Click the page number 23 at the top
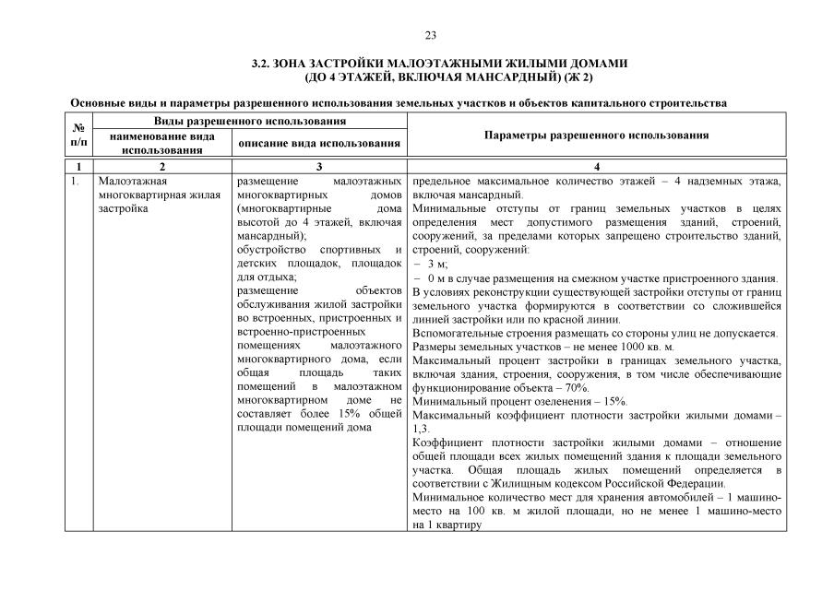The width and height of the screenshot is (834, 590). click(430, 36)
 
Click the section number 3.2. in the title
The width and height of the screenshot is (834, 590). click(262, 64)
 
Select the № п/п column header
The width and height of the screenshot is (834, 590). click(78, 136)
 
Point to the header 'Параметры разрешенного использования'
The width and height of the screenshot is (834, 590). click(596, 136)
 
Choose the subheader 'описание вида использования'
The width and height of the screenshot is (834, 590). click(319, 143)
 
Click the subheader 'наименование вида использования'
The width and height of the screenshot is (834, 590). click(162, 143)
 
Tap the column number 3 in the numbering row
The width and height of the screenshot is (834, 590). click(319, 166)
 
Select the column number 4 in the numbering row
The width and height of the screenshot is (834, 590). click(596, 166)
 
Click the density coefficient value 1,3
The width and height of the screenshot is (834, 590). click(421, 429)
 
